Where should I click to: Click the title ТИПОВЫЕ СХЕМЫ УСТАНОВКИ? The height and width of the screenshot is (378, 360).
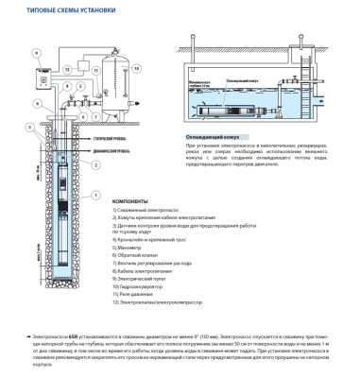(x=58, y=9)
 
